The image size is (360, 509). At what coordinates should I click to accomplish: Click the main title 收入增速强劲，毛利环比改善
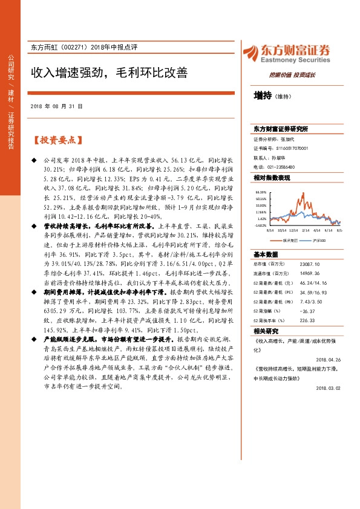pos(110,73)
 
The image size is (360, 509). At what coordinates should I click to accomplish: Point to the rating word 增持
pos(262,95)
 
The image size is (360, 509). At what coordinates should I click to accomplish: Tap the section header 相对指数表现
pos(272,178)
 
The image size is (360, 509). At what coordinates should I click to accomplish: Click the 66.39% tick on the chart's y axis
pos(261,191)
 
